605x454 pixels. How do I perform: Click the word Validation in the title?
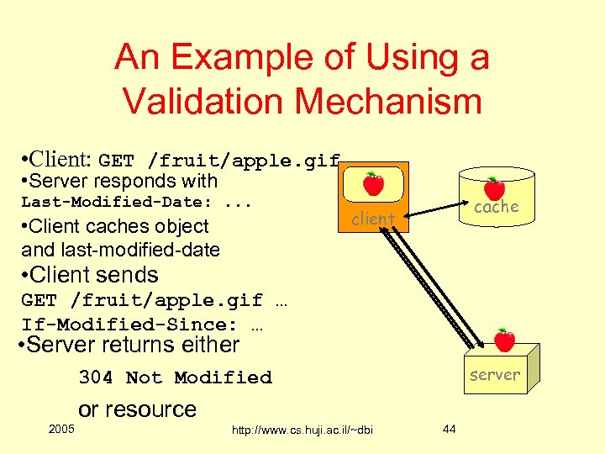coord(198,101)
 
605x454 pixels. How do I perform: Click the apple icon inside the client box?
coord(373,183)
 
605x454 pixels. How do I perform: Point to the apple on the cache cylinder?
coord(494,188)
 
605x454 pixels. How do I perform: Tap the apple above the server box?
coord(504,340)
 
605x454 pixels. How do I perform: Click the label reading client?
coord(373,219)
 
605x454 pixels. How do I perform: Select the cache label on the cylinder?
coord(497,207)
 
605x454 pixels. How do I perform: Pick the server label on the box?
coord(495,375)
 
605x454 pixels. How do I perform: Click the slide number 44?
coord(449,430)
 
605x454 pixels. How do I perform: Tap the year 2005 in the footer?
coord(61,430)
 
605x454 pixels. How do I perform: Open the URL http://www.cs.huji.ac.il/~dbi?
coord(302,430)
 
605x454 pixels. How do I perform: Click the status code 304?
coord(96,377)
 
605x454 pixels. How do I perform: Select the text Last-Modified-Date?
coord(116,202)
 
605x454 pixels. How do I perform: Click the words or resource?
coord(137,409)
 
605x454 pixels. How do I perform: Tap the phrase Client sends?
coord(92,275)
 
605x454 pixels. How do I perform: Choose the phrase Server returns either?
coord(131,345)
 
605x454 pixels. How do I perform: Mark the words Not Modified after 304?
coord(199,377)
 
